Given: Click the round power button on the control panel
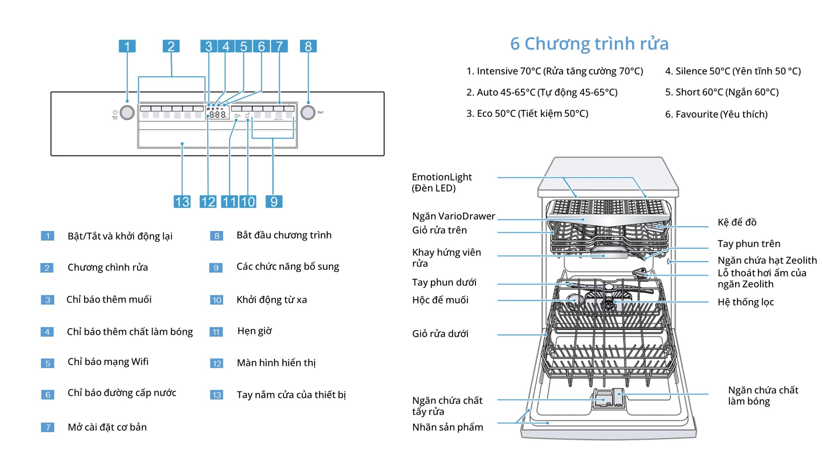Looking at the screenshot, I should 127,113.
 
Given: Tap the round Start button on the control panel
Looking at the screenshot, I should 308,112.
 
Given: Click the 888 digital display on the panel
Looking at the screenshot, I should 218,115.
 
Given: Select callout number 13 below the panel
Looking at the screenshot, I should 182,202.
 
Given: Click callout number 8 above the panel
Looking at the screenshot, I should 308,46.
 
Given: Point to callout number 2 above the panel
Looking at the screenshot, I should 171,46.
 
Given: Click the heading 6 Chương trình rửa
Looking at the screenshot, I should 589,44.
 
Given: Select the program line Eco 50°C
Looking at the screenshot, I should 527,114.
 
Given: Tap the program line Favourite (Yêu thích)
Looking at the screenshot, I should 716,114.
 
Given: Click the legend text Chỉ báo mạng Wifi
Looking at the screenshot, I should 108,362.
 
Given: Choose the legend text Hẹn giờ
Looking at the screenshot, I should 254,331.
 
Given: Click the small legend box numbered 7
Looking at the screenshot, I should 48,427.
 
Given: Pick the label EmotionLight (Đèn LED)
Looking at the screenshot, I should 442,182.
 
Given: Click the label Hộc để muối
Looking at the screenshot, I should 440,300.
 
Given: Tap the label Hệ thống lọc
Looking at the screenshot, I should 746,302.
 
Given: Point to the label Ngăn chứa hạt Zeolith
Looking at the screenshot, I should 767,260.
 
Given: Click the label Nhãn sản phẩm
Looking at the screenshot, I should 447,427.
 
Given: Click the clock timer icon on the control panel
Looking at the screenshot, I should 236,116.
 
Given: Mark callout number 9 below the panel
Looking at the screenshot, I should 274,202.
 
